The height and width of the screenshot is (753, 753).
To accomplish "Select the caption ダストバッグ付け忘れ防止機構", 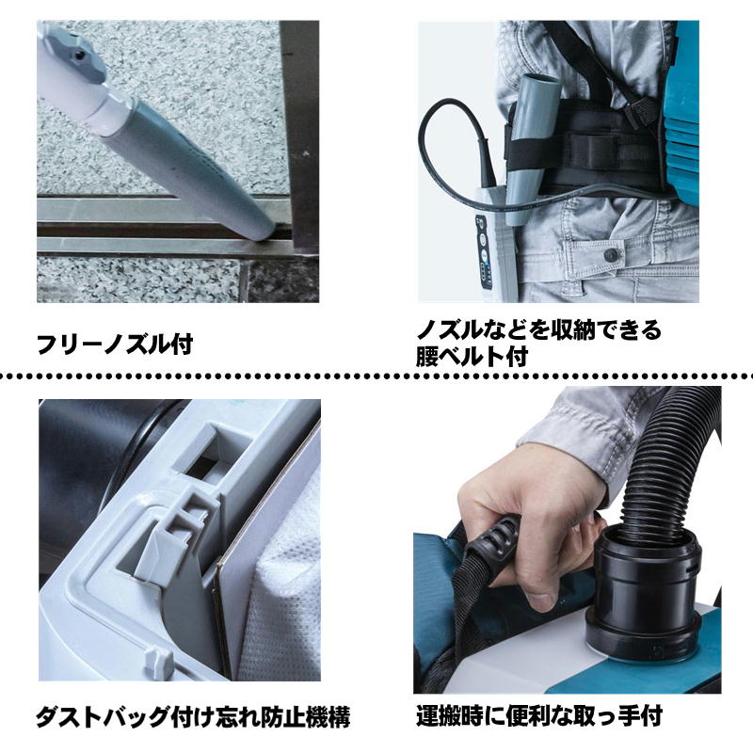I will coord(192,717).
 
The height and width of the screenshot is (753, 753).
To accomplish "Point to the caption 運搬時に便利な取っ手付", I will coord(538,716).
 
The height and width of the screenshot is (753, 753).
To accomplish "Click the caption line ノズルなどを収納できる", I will coord(538,329).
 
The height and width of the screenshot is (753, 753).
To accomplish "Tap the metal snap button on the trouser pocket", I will coord(611,255).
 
